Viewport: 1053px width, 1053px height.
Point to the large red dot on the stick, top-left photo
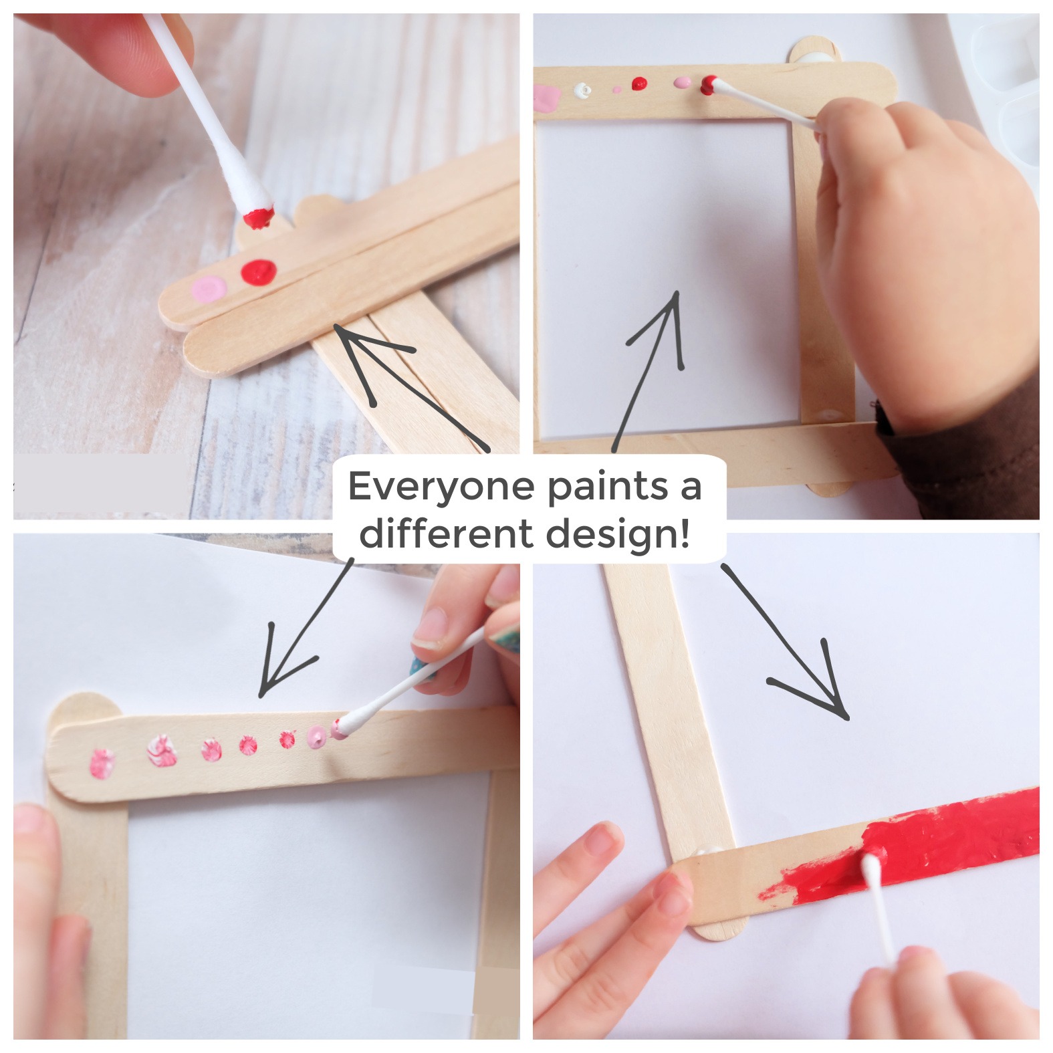pos(259,271)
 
